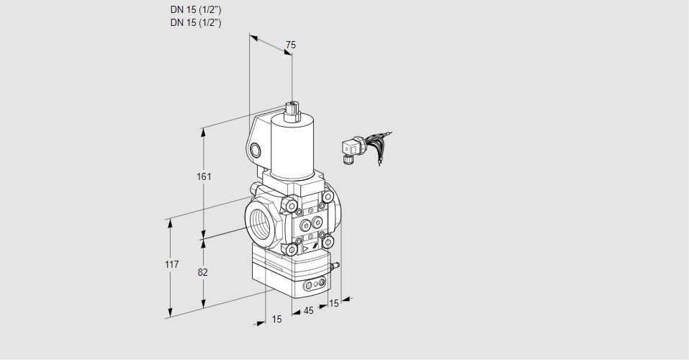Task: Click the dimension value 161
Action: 204,176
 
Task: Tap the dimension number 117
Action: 172,264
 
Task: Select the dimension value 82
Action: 202,273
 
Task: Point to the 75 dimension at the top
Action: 291,45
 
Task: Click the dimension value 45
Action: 309,311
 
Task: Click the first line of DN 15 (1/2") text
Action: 196,10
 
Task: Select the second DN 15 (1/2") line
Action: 196,23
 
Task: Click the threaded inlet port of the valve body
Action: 261,224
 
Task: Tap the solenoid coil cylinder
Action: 292,148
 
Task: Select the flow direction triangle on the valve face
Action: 305,249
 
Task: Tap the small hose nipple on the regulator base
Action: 335,265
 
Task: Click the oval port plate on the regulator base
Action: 315,284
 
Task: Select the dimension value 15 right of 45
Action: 334,303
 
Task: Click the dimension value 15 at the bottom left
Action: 276,319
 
